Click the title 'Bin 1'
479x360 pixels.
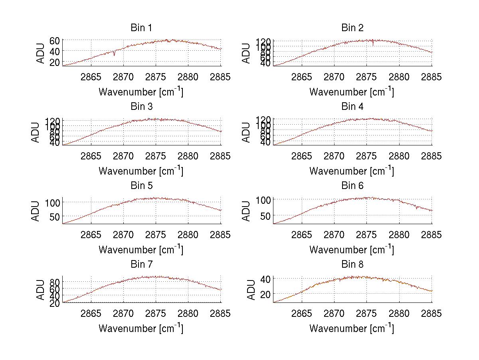tap(141, 28)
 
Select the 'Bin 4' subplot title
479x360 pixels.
tap(352, 107)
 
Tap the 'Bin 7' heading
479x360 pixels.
tap(141, 265)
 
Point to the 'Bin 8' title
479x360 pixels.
tap(352, 265)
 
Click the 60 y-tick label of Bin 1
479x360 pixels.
tap(55, 40)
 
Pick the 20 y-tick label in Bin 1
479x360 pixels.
tap(55, 62)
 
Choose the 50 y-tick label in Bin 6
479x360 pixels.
tap(265, 216)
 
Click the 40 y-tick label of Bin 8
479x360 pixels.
tap(265, 278)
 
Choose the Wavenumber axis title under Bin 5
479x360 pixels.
tap(141, 249)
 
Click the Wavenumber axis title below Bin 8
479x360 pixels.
tap(352, 328)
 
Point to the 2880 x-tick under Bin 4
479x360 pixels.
tap(399, 155)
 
